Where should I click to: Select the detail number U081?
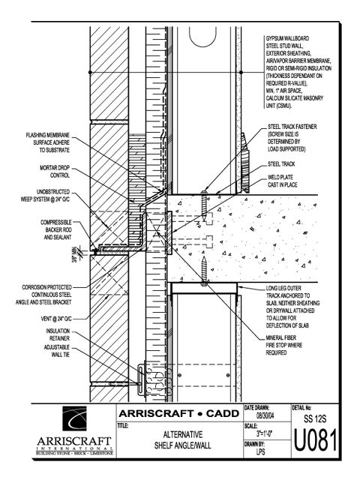click(x=315, y=440)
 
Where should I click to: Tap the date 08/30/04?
click(x=265, y=415)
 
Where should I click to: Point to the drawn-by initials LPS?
click(x=260, y=451)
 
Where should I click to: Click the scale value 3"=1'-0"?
click(x=265, y=433)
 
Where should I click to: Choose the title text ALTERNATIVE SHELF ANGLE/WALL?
click(x=183, y=440)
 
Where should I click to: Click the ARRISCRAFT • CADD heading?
click(x=178, y=413)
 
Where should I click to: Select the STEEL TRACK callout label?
click(x=281, y=164)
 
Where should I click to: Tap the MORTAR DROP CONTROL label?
click(x=55, y=172)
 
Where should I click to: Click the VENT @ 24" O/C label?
click(x=56, y=319)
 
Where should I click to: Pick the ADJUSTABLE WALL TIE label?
click(x=57, y=351)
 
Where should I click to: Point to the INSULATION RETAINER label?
click(x=58, y=334)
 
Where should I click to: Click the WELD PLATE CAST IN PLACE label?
click(x=282, y=181)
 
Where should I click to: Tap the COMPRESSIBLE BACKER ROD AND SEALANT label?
click(x=56, y=229)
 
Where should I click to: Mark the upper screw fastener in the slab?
click(x=205, y=205)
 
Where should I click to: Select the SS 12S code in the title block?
click(x=315, y=418)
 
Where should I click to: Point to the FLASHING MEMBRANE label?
click(x=48, y=142)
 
